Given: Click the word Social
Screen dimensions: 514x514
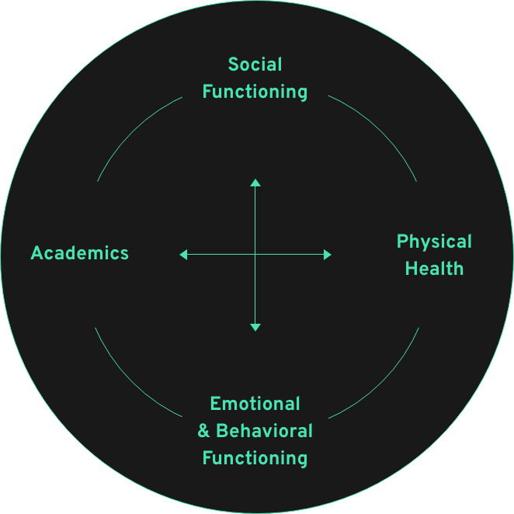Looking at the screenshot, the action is tap(255, 64).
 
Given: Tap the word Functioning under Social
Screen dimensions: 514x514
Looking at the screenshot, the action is tap(255, 92).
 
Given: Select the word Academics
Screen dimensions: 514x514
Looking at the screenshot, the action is tap(80, 253).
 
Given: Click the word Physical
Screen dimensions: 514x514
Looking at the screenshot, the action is tap(434, 242).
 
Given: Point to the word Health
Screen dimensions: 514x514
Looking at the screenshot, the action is tap(434, 269).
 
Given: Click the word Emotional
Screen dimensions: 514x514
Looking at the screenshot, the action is tap(255, 404).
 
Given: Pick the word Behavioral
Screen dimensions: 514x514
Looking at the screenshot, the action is tap(264, 431).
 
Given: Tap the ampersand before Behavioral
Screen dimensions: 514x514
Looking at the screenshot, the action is tap(203, 431).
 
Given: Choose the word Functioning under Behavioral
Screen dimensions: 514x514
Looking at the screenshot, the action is tap(255, 459).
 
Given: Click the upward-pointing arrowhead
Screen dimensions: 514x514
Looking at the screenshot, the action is tap(255, 182).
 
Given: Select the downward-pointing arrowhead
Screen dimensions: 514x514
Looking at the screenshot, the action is tap(255, 328).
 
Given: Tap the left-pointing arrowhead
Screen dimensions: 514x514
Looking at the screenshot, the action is tap(183, 255).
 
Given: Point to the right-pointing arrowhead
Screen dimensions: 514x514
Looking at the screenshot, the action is tap(328, 255).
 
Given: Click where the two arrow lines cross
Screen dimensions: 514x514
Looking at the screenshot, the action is tap(255, 255).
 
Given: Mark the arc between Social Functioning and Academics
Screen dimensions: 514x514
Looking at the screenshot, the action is tap(132, 131).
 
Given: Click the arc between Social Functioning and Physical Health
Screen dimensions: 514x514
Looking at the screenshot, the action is tap(380, 130).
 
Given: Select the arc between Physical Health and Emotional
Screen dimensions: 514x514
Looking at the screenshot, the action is tap(381, 381).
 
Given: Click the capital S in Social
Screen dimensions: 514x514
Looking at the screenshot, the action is tap(234, 64).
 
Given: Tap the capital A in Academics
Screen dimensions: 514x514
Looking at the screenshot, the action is tap(36, 253).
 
